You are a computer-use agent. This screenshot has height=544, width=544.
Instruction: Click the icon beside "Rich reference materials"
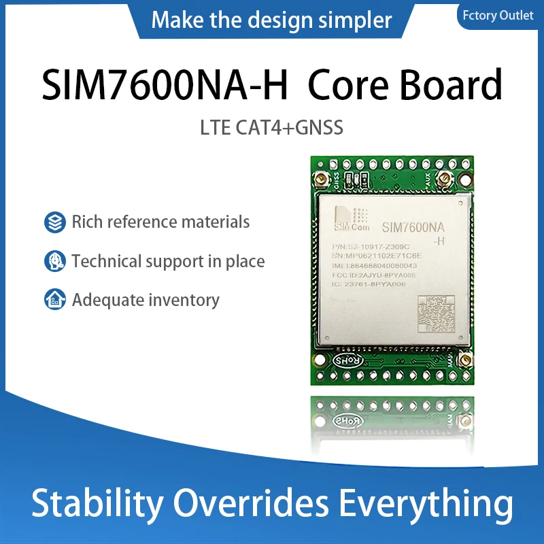pos(54,222)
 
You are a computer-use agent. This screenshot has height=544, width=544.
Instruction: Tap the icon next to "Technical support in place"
pos(54,261)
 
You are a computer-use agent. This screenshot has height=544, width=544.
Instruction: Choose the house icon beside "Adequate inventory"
pos(54,300)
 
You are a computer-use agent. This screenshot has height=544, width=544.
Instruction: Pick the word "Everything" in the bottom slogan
pos(426,505)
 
